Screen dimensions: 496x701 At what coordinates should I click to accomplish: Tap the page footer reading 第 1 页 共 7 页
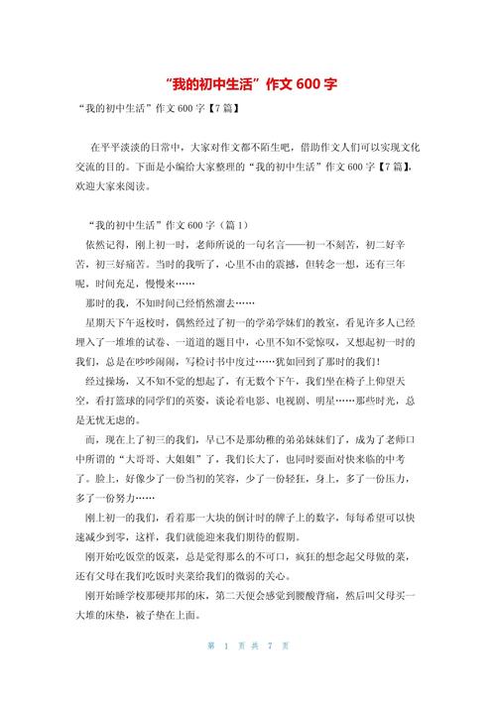pyautogui.click(x=247, y=673)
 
